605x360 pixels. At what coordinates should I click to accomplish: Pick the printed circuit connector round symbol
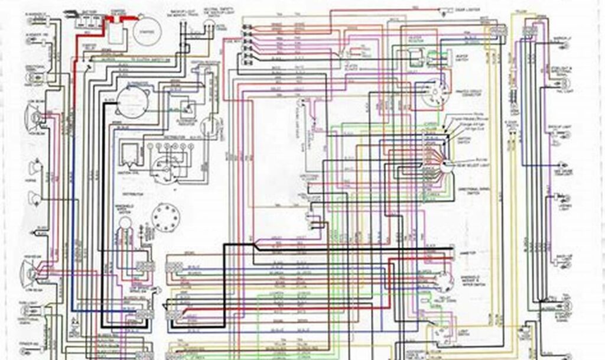436,93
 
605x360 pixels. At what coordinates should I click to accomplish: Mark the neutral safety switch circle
207,24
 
